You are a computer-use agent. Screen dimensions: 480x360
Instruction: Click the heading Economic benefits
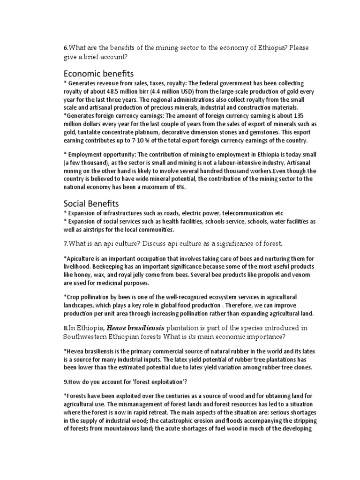(x=98, y=74)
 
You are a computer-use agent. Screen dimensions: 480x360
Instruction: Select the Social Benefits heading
(x=92, y=204)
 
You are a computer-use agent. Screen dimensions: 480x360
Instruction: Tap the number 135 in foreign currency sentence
(x=294, y=115)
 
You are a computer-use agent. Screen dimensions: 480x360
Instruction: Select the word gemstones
(x=249, y=132)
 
